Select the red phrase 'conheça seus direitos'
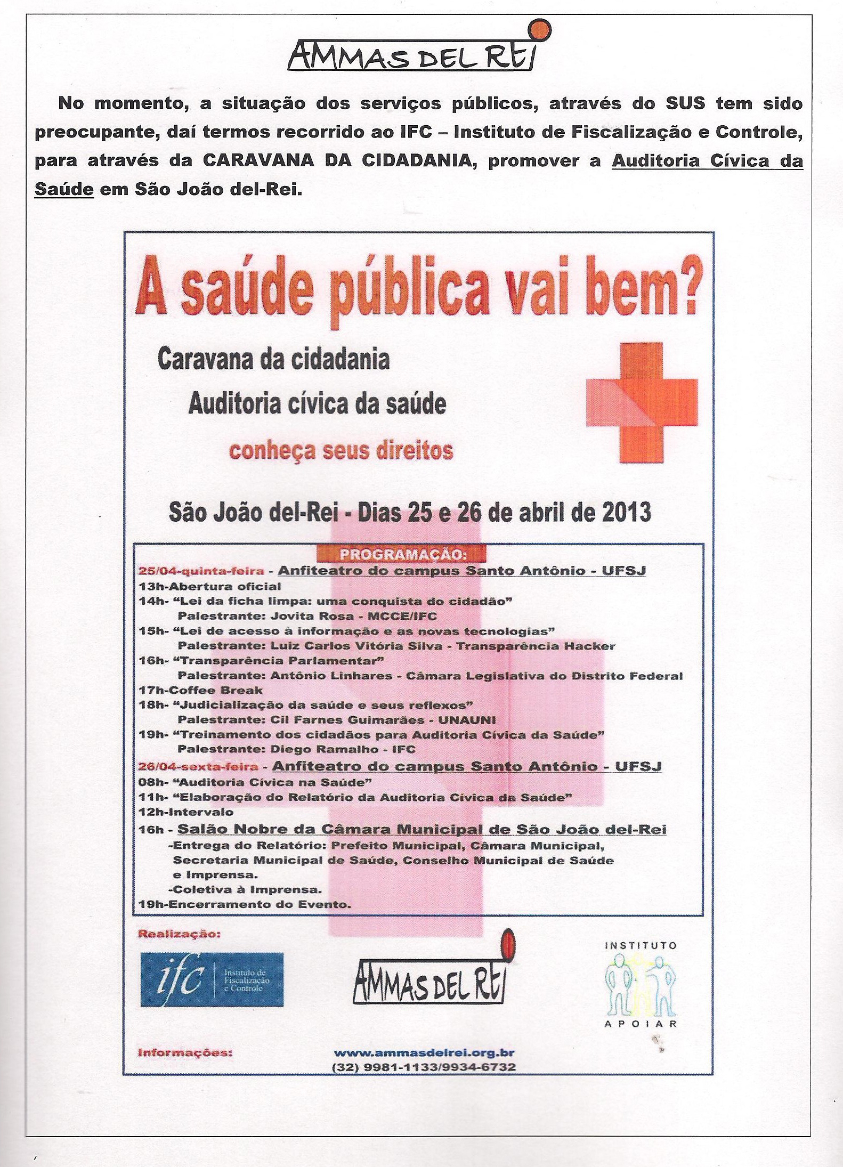341,451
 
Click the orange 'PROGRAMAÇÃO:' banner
402,554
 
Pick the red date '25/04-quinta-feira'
201,571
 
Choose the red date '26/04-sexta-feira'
198,767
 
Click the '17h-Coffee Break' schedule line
200,691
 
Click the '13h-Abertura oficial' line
209,587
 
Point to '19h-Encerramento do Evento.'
245,904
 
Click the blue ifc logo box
212,979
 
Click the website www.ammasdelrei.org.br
424,1053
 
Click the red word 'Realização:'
179,934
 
